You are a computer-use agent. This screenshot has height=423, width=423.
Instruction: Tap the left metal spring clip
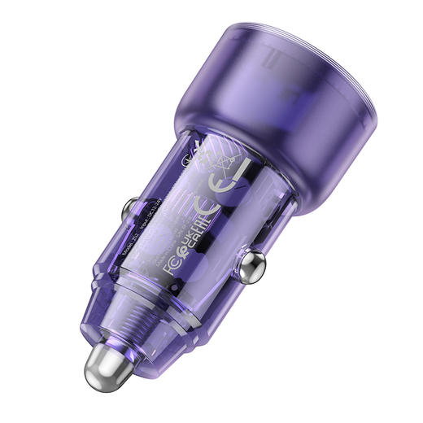coord(131,213)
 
